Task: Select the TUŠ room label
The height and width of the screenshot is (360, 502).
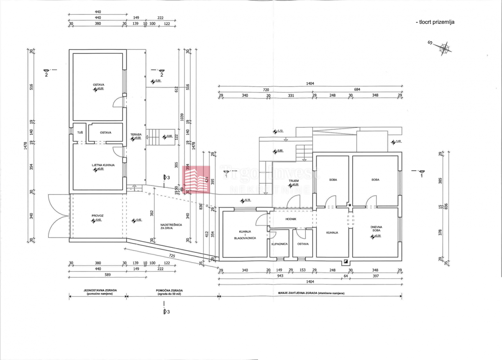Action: [x=79, y=133]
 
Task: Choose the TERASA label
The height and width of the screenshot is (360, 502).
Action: [x=136, y=135]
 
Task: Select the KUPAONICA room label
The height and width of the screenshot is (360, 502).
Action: [x=279, y=244]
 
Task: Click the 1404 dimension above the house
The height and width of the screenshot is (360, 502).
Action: [x=310, y=84]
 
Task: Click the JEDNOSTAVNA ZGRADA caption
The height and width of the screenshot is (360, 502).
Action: [x=97, y=292]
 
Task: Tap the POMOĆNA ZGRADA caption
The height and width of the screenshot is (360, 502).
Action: [x=172, y=292]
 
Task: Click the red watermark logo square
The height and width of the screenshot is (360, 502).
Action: [x=197, y=180]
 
